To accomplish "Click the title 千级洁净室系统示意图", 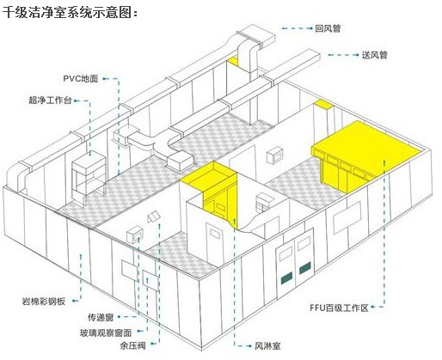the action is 68,12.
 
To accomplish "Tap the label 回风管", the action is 328,28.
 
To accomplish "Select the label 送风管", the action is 375,55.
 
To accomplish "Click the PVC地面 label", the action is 81,78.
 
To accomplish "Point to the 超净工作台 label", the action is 50,101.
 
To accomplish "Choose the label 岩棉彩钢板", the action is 44,302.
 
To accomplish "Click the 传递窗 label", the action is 101,317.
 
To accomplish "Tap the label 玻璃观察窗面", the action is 106,333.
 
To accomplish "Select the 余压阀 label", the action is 133,345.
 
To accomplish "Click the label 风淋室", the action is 267,346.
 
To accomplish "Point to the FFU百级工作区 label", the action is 339,308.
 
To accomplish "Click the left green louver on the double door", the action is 286,277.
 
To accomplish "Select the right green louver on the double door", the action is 304,268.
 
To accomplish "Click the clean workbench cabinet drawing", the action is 89,178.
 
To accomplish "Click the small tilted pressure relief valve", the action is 154,217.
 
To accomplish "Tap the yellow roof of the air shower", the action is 208,175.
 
